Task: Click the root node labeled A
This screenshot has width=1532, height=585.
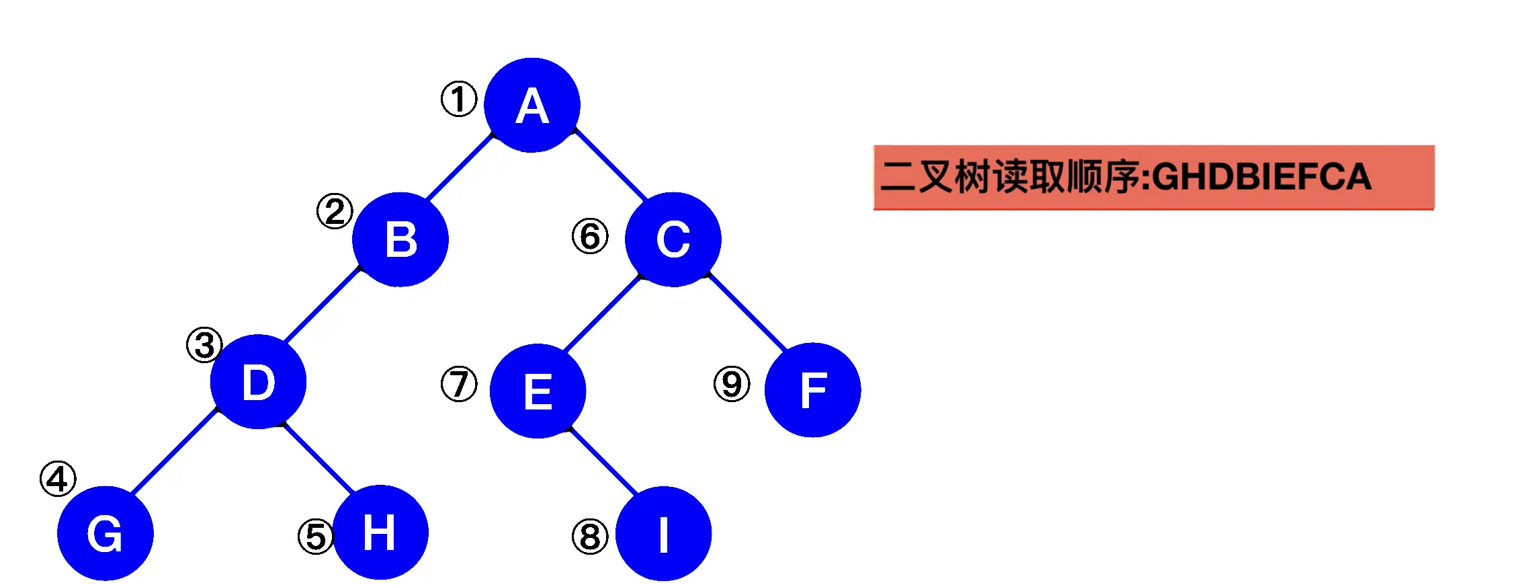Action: [x=531, y=105]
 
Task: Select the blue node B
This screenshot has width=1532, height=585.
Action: [x=400, y=239]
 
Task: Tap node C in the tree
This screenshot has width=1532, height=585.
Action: [x=673, y=239]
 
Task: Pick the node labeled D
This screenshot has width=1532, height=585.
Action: [x=258, y=381]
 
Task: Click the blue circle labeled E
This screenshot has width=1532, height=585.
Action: [x=538, y=391]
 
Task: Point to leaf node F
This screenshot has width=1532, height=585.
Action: [x=812, y=390]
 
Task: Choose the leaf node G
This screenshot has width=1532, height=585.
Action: [x=105, y=533]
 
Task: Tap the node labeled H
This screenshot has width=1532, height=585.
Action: [x=380, y=532]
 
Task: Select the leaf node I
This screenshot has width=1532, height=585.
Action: [x=663, y=533]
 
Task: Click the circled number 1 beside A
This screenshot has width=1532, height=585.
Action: [x=459, y=99]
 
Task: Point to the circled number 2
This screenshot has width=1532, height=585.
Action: [x=335, y=211]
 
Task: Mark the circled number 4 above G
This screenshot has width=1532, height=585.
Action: [x=58, y=479]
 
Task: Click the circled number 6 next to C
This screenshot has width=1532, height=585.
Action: [x=590, y=236]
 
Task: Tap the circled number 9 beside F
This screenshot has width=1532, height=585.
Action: [x=732, y=384]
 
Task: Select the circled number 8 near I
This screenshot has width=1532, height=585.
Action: [x=590, y=537]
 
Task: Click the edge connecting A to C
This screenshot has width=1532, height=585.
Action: [x=610, y=164]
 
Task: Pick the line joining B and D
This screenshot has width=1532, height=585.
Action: [x=323, y=304]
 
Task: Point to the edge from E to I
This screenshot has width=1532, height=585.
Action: [x=603, y=461]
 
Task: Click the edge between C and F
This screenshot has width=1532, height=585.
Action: [x=747, y=312]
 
